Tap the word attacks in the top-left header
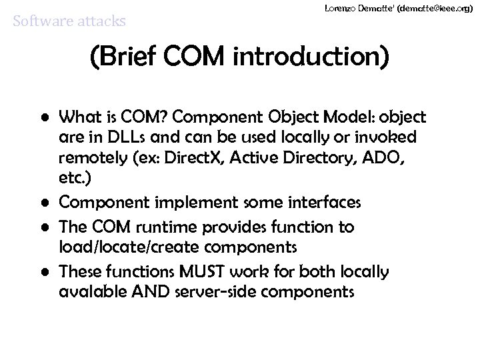[101, 21]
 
